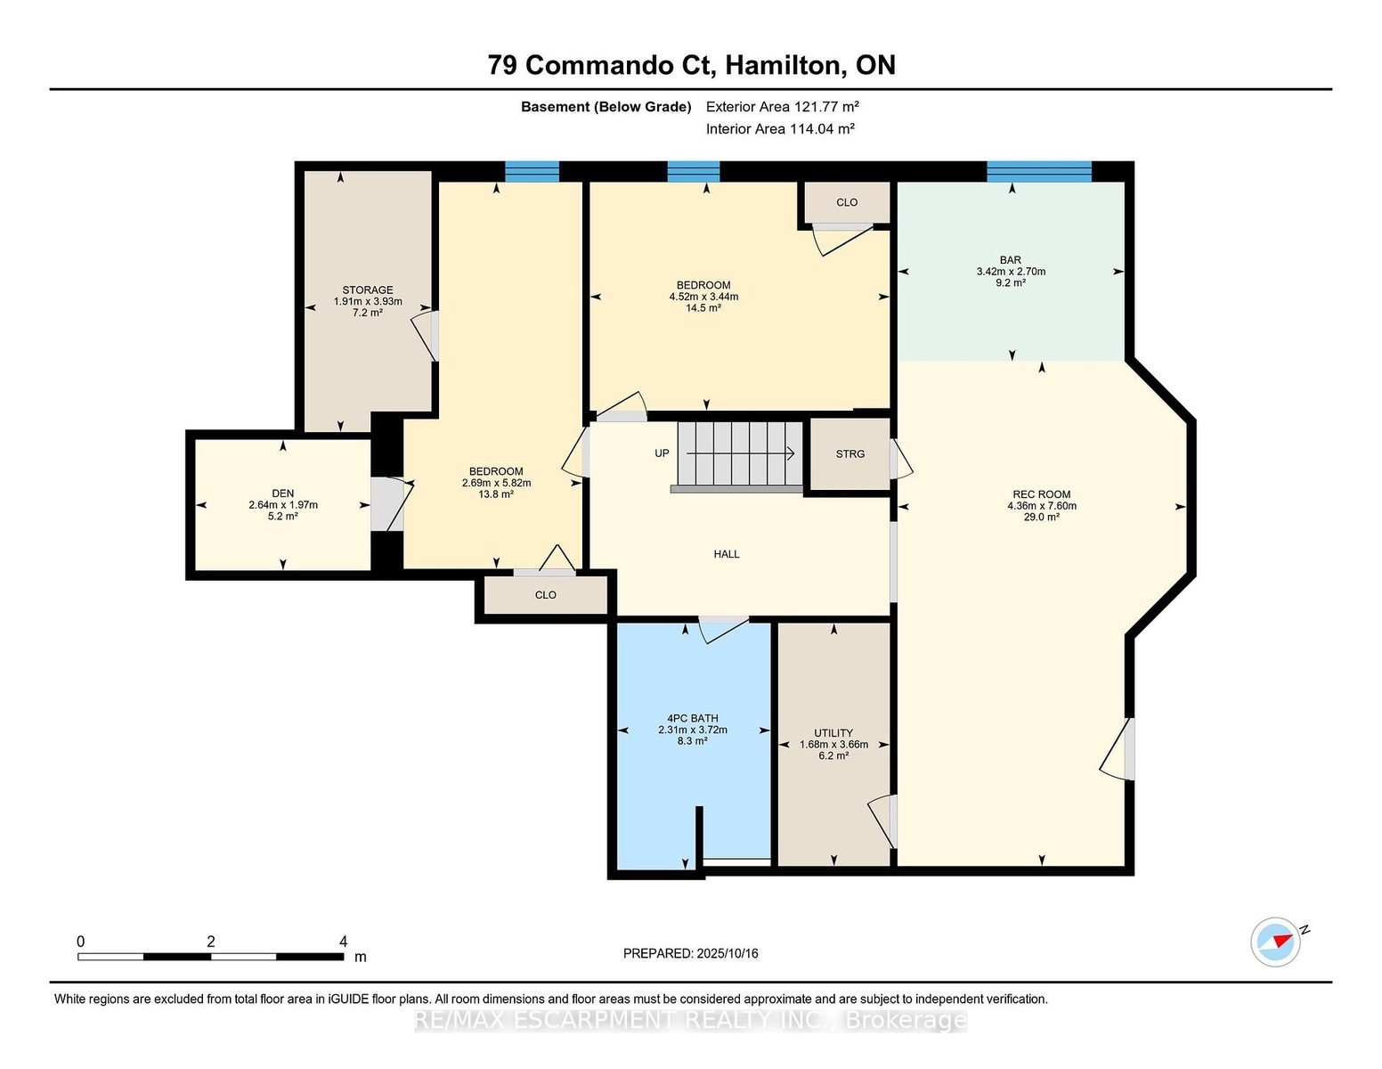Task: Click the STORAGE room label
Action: [x=368, y=290]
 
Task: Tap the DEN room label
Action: [x=283, y=494]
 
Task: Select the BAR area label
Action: [x=1011, y=259]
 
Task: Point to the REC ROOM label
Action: [x=1042, y=494]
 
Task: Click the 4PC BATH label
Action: [x=693, y=718]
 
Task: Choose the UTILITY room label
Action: [x=833, y=732]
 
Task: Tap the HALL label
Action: [x=727, y=554]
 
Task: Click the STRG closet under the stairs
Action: [x=850, y=453]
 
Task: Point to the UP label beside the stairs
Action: [x=663, y=453]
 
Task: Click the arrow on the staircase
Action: [x=741, y=453]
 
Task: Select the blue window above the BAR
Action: [x=1039, y=172]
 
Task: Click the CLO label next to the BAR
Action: [x=847, y=202]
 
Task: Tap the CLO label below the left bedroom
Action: [x=546, y=594]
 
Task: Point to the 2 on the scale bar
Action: [x=210, y=942]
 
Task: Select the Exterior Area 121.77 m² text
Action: [x=782, y=106]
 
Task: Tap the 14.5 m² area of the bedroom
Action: [x=703, y=308]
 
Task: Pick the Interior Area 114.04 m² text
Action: [x=780, y=128]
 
